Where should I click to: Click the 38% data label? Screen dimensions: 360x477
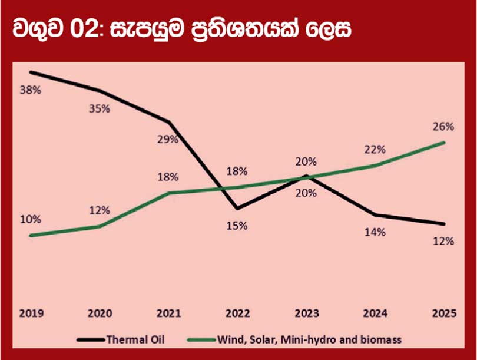31,91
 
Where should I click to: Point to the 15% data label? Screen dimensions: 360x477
237,226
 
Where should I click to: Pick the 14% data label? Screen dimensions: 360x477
375,232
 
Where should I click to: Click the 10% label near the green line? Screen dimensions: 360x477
31,219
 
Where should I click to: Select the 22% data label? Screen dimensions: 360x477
375,149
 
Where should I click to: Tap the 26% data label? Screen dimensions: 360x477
443,126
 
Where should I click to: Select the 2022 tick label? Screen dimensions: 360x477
237,314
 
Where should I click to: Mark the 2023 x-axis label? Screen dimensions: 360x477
306,314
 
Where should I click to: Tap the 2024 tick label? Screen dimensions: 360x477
375,314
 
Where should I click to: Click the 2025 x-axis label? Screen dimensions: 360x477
443,314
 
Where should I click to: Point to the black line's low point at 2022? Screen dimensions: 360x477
237,209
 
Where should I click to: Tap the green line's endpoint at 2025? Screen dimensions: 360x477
443,142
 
